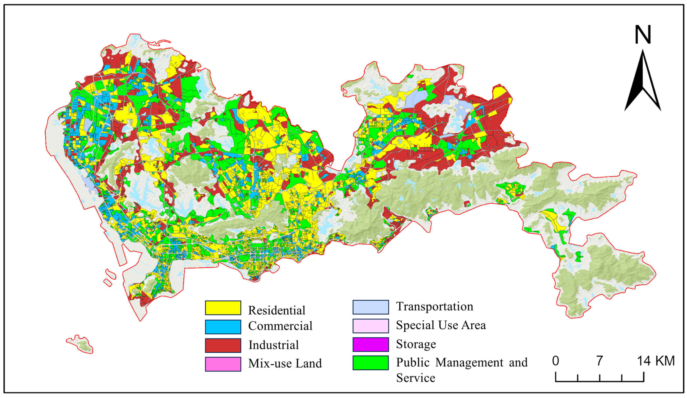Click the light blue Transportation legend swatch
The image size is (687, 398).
tap(371, 307)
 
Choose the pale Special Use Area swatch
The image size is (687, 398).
tap(371, 326)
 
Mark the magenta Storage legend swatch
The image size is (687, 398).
tap(371, 344)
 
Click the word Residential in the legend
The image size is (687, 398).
tap(276, 310)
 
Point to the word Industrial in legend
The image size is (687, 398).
tap(273, 345)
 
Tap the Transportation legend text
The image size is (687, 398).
tap(434, 306)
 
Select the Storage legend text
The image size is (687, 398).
tap(416, 344)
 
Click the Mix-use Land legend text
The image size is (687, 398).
tap(285, 363)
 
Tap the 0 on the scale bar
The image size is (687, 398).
tap(555, 361)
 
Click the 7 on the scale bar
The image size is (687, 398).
tap(599, 361)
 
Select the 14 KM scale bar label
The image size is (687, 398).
tap(655, 361)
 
